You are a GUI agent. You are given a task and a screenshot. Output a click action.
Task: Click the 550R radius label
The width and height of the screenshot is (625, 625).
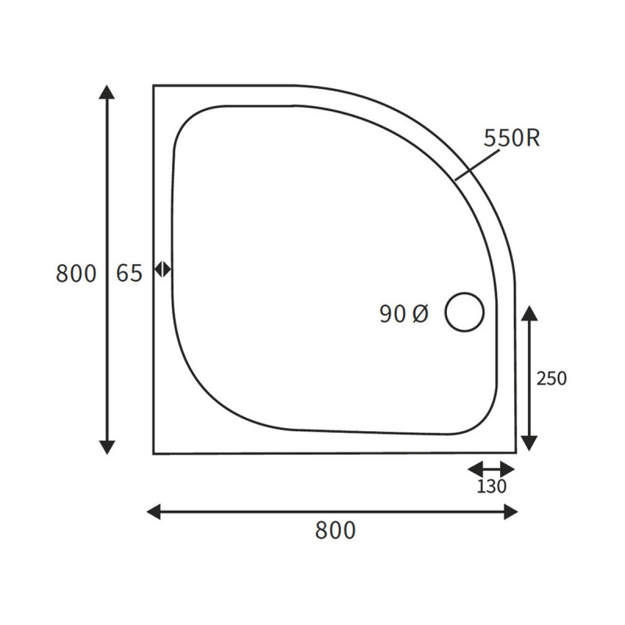(512, 138)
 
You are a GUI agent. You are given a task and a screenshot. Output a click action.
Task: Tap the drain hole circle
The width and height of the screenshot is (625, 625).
(465, 312)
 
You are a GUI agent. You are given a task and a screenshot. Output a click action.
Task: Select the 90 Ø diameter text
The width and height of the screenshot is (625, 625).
(404, 314)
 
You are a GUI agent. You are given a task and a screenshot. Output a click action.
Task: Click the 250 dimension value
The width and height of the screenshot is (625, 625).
(552, 379)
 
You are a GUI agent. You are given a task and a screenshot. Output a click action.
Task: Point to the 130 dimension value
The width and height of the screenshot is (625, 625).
(491, 487)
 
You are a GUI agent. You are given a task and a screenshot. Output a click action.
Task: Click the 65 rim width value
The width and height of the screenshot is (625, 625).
(130, 273)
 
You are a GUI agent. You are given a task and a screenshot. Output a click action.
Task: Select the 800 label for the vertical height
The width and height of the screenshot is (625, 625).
(77, 273)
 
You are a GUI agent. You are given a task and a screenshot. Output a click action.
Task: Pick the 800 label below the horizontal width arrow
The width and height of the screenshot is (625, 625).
(335, 530)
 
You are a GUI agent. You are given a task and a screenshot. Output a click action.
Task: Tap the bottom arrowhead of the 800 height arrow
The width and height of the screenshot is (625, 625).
(108, 447)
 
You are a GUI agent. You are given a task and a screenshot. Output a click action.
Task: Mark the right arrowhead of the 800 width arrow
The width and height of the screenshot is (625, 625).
(511, 512)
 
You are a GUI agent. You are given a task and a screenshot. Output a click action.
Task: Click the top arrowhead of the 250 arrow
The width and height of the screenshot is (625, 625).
(529, 313)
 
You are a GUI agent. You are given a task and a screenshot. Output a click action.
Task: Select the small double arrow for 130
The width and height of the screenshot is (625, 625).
(491, 469)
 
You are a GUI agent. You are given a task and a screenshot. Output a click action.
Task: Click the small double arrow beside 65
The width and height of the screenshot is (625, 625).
(162, 269)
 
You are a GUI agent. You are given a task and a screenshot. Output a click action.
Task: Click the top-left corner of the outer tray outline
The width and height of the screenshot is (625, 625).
(154, 86)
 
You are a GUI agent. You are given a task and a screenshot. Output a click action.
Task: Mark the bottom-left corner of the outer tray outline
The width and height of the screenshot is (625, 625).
(154, 453)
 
